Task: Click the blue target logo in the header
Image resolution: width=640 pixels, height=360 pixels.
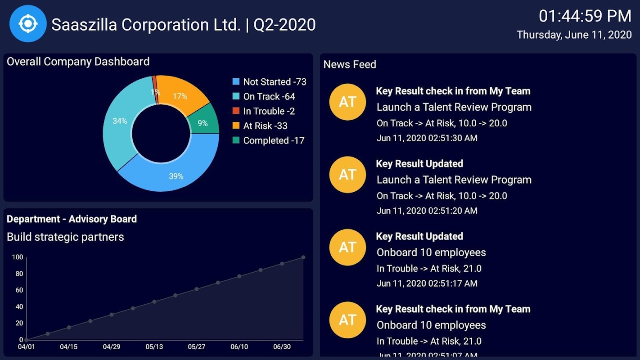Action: (x=28, y=24)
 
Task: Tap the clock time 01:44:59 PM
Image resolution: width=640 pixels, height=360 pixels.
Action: (x=585, y=16)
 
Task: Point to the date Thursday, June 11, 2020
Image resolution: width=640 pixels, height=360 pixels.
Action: (x=574, y=35)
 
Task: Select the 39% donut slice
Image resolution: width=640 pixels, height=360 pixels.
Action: (x=176, y=176)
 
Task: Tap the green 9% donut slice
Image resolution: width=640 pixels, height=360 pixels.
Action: (x=203, y=122)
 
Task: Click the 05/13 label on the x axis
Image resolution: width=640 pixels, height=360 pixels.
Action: (x=154, y=347)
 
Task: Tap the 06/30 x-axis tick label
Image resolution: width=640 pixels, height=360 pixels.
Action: (x=282, y=347)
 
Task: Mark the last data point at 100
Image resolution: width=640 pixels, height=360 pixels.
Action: (x=303, y=257)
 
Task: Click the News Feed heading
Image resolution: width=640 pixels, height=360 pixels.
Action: (x=350, y=64)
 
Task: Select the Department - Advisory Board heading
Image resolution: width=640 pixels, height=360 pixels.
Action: (x=72, y=219)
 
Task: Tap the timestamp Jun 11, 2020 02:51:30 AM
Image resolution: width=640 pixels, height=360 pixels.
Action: (x=427, y=138)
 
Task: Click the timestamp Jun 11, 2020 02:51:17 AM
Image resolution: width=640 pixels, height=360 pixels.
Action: (x=427, y=283)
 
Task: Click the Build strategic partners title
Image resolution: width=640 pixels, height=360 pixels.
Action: (x=65, y=237)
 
